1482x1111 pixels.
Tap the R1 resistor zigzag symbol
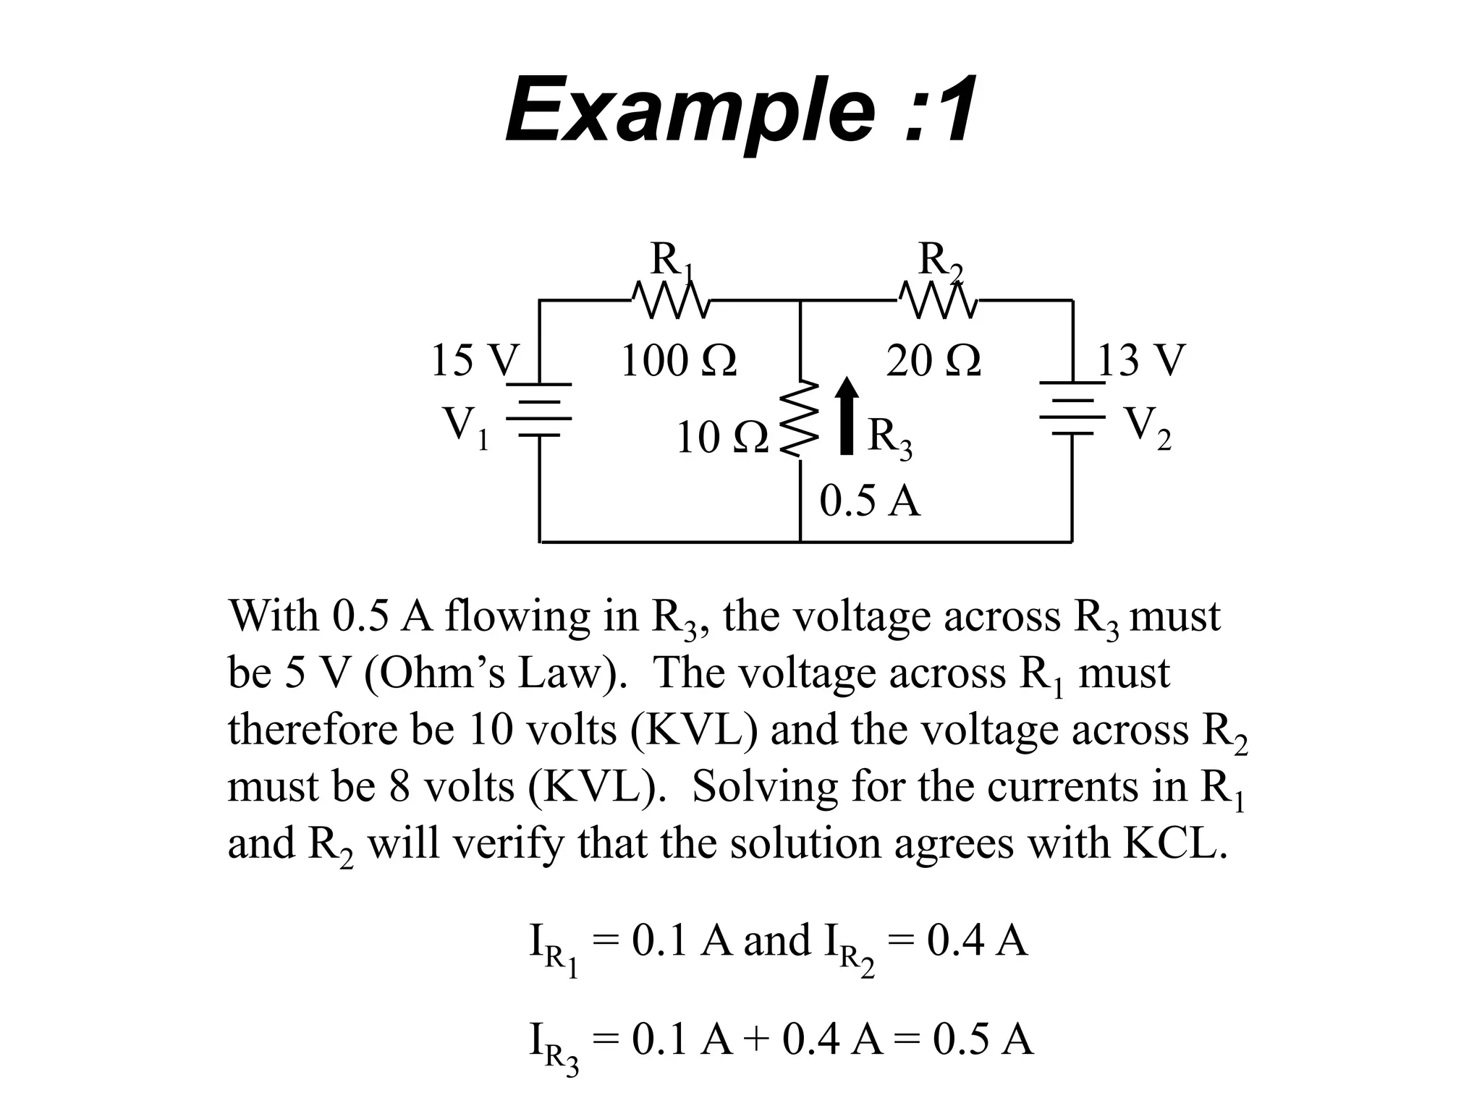670,299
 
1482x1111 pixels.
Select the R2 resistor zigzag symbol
938,299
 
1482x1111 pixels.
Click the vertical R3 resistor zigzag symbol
800,420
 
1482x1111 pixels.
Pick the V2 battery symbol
1072,409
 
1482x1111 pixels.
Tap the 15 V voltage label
475,360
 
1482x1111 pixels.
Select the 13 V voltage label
1141,360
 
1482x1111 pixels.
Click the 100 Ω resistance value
678,360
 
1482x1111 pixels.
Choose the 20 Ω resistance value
933,360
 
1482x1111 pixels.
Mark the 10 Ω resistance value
721,438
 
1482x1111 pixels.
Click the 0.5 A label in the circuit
869,501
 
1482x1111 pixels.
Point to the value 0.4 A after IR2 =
976,941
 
